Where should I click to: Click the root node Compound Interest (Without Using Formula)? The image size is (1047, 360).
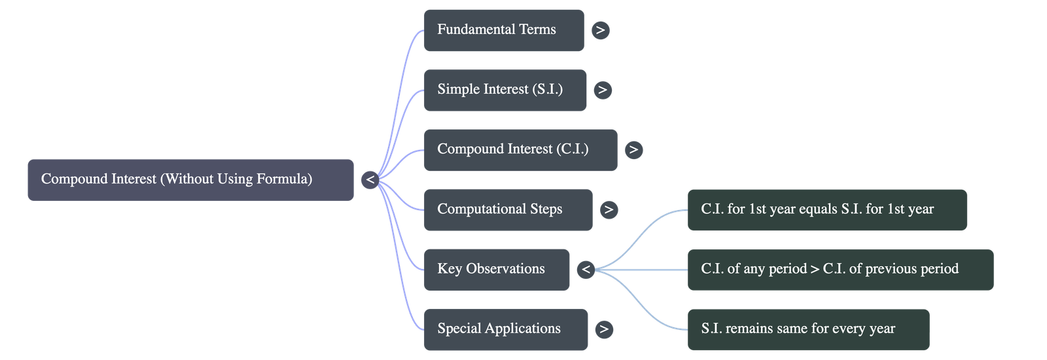point(190,179)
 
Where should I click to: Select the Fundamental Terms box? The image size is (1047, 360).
point(503,30)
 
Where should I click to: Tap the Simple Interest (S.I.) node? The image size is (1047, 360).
point(505,90)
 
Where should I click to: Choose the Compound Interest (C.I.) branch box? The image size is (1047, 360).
point(520,150)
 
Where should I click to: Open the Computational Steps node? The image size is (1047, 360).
point(507,209)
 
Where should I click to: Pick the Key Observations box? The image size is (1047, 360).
point(496,269)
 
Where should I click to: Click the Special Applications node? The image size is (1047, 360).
point(505,329)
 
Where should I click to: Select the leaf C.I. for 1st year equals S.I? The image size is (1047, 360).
point(826,209)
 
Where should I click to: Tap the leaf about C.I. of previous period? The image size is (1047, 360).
point(840,269)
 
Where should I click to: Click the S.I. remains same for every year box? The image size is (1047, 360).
point(807,329)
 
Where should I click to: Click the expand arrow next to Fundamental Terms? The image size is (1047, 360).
point(600,30)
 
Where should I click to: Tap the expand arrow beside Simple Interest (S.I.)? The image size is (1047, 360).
point(603,90)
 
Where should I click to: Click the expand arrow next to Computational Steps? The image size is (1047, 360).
point(609,209)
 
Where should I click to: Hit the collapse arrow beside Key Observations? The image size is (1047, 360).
point(586,269)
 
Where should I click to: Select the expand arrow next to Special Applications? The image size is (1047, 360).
point(604,329)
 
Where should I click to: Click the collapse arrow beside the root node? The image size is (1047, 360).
point(370,179)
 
